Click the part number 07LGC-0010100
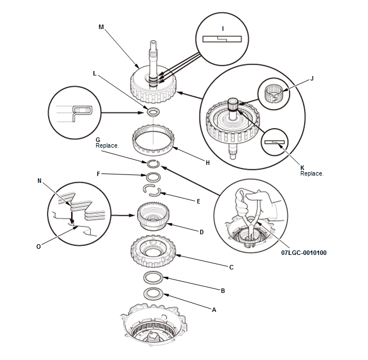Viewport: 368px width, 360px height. pos(304,253)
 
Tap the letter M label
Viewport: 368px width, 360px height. pos(101,27)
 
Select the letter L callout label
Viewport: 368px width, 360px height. pos(95,74)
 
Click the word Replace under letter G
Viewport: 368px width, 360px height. pos(107,146)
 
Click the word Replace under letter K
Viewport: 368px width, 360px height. pos(312,173)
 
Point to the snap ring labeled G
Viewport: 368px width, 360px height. pos(153,164)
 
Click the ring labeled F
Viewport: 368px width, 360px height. pos(153,177)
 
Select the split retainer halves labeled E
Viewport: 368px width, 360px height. pos(152,190)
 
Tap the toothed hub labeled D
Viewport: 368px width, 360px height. pos(153,216)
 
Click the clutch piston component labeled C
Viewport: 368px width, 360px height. pos(153,251)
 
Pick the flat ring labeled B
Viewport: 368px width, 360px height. pos(153,277)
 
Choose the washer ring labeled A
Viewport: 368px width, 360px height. pos(153,293)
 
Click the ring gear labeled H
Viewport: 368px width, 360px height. pos(153,140)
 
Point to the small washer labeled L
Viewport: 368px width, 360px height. pos(153,112)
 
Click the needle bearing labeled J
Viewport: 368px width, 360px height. pos(273,94)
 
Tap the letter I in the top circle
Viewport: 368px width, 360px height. pos(223,29)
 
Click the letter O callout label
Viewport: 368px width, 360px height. pos(39,247)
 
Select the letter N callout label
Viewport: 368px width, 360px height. pos(39,181)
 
